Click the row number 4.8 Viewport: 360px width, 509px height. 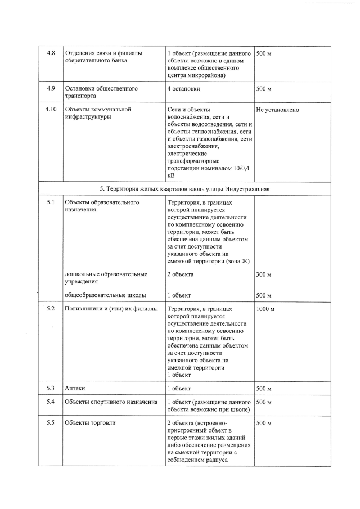coord(51,53)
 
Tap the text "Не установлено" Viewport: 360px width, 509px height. coord(277,110)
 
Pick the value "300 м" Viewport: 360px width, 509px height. coord(264,274)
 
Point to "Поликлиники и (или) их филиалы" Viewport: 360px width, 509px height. coord(111,309)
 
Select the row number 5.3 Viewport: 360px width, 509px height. coord(51,389)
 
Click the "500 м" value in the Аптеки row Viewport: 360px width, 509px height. coord(264,389)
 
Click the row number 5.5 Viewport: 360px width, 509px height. coord(51,423)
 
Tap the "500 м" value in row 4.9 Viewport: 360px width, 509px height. coord(264,89)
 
